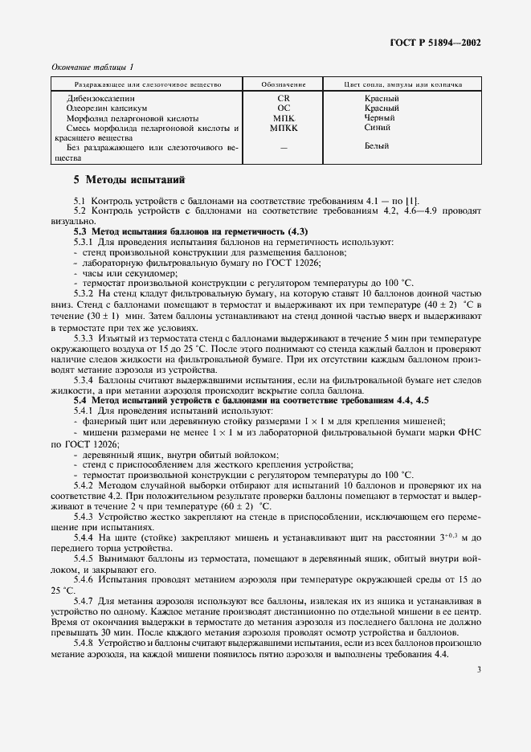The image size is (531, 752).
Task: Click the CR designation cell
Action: tap(284, 99)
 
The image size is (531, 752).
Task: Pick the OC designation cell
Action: tap(284, 108)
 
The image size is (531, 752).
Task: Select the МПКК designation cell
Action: tap(284, 128)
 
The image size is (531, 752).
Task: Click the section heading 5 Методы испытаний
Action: tap(129, 180)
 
